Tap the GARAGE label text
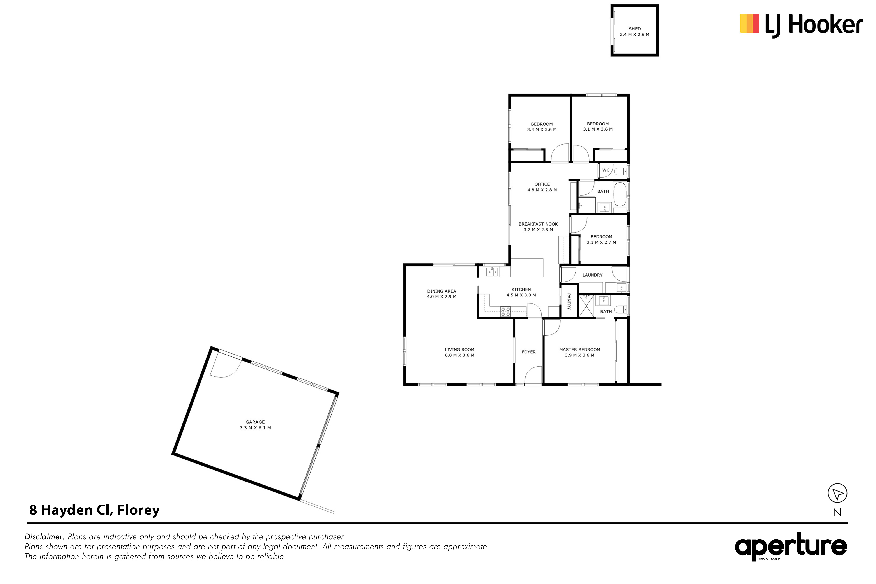point(255,422)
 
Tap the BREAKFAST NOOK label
point(538,224)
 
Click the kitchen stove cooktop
point(505,311)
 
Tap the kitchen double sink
point(492,272)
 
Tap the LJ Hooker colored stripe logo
point(749,23)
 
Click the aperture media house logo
point(791,546)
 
